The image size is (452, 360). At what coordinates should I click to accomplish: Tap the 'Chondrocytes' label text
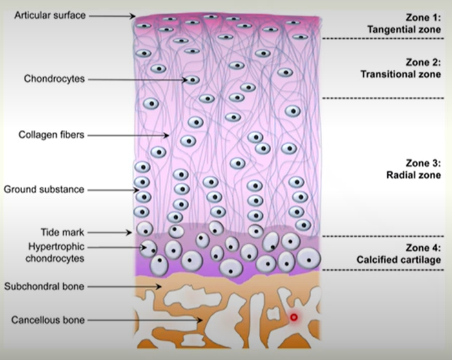point(54,79)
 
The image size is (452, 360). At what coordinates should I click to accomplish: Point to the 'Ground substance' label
point(44,189)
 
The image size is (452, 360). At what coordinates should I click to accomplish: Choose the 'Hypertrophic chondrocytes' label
point(57,253)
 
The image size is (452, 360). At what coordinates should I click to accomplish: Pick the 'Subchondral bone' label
point(44,285)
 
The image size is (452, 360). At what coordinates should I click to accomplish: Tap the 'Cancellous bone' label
point(48,319)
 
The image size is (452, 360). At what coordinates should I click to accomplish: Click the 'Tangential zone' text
point(404,30)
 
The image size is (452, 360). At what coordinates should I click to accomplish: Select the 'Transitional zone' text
point(400,74)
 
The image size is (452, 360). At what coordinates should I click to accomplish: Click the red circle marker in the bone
point(294,317)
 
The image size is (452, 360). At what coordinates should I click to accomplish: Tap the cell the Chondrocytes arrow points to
point(192,80)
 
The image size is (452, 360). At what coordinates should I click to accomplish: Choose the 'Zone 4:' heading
point(422,248)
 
